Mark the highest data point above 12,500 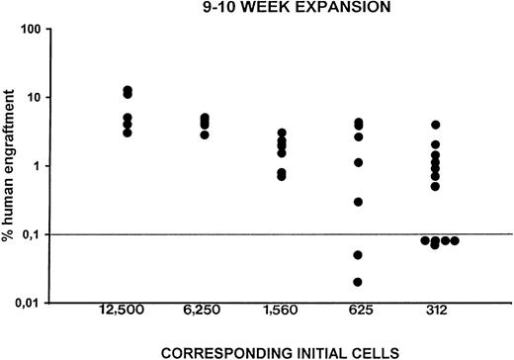(128, 90)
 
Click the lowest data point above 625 (358, 282)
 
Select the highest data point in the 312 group (435, 125)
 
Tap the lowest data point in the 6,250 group (205, 135)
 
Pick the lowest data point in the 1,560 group (282, 176)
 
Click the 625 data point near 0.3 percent (358, 202)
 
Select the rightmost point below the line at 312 (456, 240)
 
